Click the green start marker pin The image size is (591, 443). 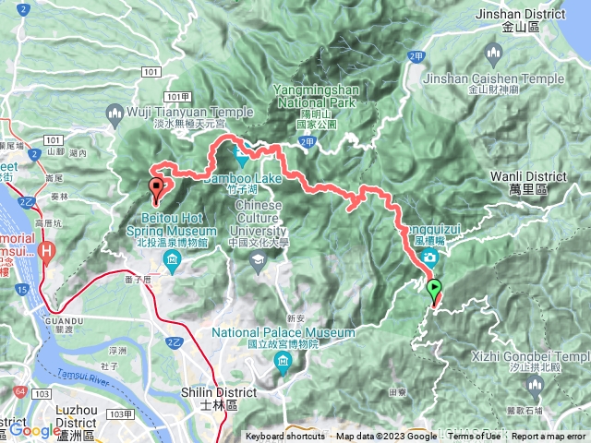[x=434, y=290]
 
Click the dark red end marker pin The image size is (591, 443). [x=156, y=189]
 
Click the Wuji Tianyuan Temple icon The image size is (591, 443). [x=115, y=114]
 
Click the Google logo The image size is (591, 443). [x=35, y=430]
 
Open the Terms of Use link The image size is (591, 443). [x=475, y=437]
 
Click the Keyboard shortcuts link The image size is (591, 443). [x=285, y=437]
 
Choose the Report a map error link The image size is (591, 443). [x=550, y=437]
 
